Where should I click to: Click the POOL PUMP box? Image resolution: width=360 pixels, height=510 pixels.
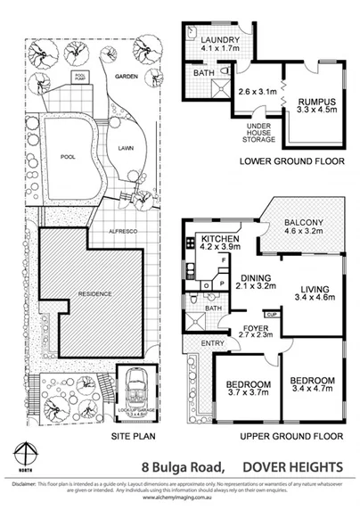coord(80,77)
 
